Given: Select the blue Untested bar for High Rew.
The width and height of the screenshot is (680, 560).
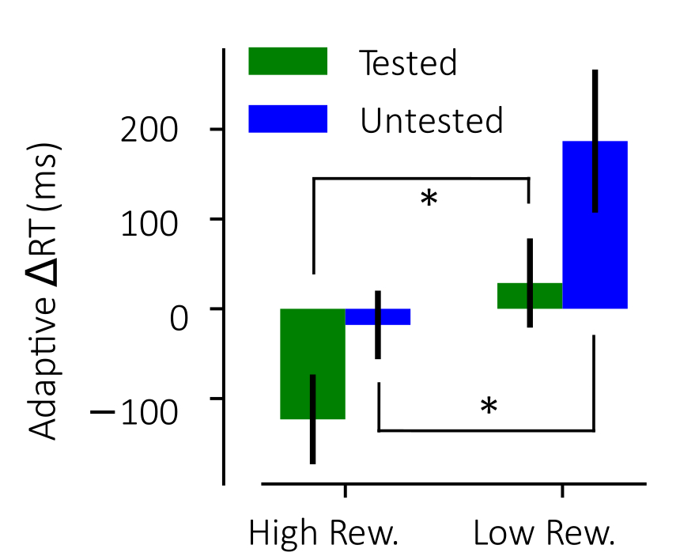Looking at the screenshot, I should click(395, 316).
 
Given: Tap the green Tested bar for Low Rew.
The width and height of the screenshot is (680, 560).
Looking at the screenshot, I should click(512, 296).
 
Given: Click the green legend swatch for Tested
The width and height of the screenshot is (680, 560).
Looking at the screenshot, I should click(288, 62).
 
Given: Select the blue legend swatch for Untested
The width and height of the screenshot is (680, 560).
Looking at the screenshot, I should click(288, 119).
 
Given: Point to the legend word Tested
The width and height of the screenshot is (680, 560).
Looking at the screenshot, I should click(408, 63).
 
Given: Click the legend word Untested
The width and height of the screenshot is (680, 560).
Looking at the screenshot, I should click(431, 121).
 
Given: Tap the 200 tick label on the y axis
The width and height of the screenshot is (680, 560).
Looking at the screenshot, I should click(148, 130).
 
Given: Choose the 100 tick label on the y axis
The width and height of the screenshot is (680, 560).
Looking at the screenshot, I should click(148, 219).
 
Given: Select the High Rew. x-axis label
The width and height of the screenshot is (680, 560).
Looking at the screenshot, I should click(323, 534).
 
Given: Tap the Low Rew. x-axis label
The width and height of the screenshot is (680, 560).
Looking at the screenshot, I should click(544, 534).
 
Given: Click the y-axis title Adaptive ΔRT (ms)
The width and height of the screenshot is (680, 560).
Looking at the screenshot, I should click(46, 290).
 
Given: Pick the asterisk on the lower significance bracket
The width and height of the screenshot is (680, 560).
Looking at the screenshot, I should click(489, 408).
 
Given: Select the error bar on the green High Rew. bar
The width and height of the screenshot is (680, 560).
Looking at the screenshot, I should click(313, 419).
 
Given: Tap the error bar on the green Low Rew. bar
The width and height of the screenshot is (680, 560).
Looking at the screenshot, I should click(530, 282).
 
